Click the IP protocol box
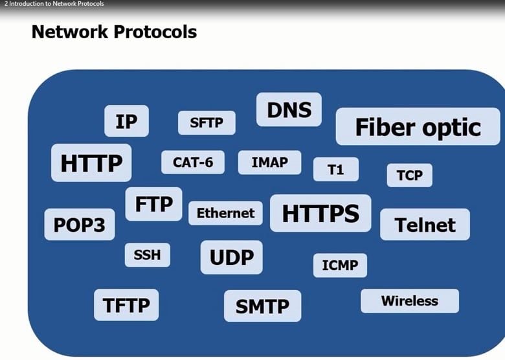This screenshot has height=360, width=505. coord(126,121)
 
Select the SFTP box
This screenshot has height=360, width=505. coord(207,122)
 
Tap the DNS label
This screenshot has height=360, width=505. coord(289,109)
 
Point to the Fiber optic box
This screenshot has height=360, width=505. coord(418,127)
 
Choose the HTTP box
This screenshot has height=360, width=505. coord(91,163)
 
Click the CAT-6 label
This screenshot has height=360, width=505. coord(193,162)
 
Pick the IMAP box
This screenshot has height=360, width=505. coord(269,163)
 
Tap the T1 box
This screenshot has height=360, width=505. coord(335,170)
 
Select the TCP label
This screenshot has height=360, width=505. coord(409,175)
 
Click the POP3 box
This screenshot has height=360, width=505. coord(80,225)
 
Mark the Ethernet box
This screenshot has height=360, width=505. coord(225,213)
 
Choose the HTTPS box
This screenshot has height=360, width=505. coord(320,213)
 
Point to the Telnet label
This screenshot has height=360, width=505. coord(425,225)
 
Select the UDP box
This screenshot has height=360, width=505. coord(231,257)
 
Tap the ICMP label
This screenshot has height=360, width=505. coord(340,265)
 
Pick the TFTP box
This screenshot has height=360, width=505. coord(126,304)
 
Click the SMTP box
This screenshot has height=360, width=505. coord(262,306)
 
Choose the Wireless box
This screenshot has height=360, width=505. coord(409,300)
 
